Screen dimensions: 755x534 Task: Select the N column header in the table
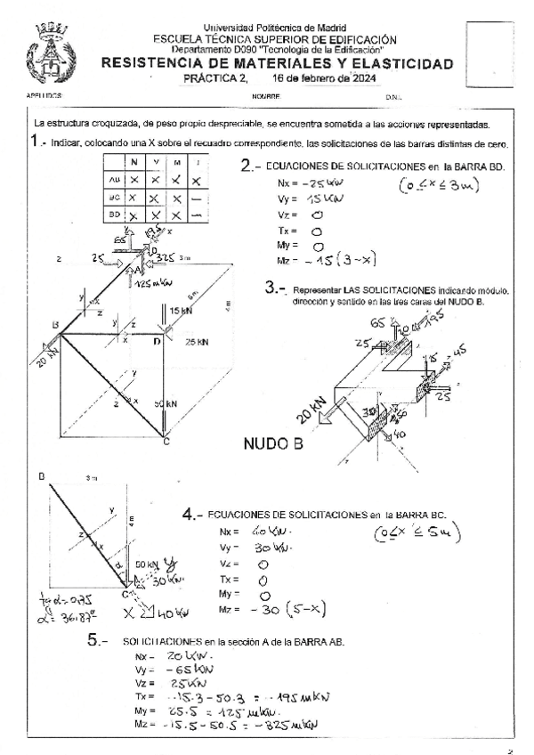click(133, 161)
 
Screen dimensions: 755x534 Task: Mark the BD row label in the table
click(113, 215)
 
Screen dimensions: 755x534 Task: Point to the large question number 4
click(189, 515)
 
